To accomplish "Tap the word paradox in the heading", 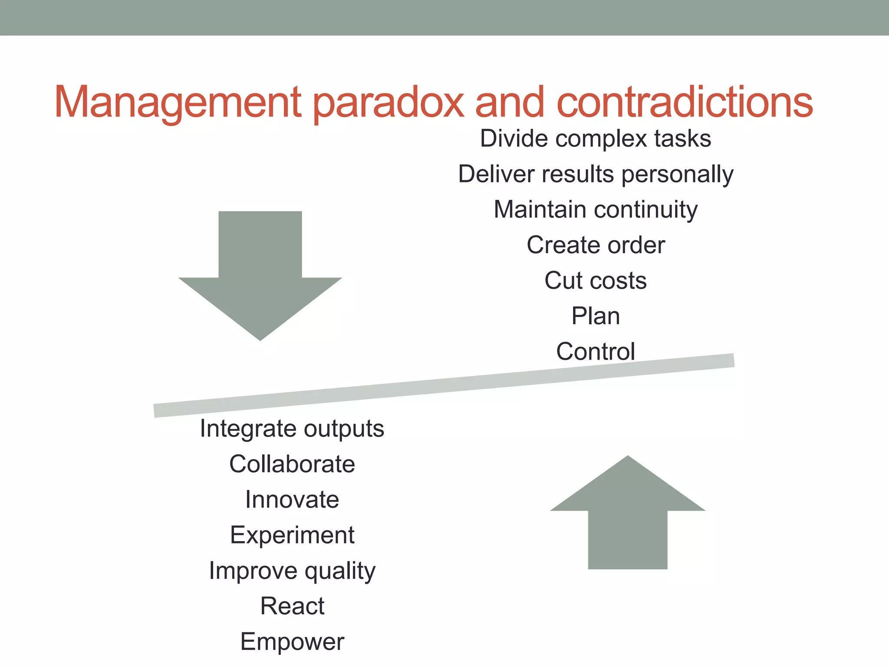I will tap(389, 102).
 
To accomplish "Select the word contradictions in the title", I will tap(685, 102).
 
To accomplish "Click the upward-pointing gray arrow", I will tap(627, 517).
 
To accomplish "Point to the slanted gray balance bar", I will tap(444, 386).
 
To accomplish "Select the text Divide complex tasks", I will tap(596, 139).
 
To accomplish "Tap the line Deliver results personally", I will tap(596, 175).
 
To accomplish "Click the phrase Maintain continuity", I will tap(596, 210).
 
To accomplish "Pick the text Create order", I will tap(596, 245).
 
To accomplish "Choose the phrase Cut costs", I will tap(596, 281).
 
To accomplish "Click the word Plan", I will tap(596, 316).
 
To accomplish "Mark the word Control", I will tap(596, 351).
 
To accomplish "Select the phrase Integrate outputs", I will tap(292, 429).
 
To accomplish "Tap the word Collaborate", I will tap(292, 464).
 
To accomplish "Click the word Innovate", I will tap(292, 500).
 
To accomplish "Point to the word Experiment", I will tap(292, 535).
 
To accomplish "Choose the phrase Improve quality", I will tap(292, 571).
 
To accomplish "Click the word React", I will tap(292, 606).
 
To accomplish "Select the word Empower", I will tap(292, 642).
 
